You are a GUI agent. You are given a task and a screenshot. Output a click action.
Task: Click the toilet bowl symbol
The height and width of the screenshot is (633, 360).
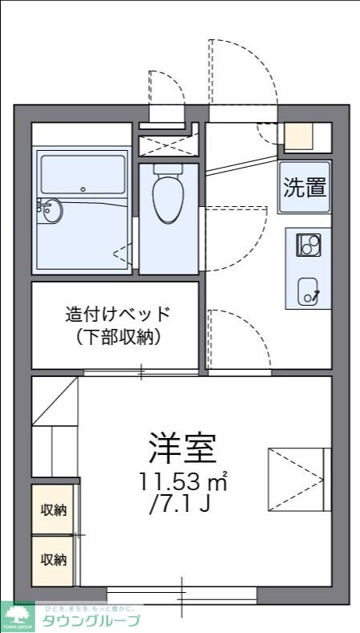(x=167, y=195)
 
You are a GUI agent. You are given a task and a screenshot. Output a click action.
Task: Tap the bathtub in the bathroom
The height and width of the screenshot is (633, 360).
(x=83, y=174)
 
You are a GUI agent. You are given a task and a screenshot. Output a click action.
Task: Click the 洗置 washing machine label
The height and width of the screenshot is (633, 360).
(x=305, y=188)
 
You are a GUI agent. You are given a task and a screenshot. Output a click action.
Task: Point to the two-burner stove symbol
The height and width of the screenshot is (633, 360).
(x=309, y=244)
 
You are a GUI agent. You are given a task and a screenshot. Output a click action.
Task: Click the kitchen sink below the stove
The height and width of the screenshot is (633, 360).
(x=309, y=290)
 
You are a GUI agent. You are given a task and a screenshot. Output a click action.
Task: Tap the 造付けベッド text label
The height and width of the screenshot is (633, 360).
(x=118, y=314)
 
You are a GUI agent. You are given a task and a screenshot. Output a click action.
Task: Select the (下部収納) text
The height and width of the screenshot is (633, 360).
(x=118, y=337)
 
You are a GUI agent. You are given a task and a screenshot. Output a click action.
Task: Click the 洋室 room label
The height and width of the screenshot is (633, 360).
(x=183, y=448)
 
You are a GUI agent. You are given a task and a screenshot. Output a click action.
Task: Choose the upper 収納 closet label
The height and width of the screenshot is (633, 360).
(x=54, y=509)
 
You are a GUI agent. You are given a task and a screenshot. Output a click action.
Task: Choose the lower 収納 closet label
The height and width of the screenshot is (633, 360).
(x=54, y=559)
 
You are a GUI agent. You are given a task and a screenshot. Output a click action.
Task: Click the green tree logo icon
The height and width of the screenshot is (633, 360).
(x=17, y=615)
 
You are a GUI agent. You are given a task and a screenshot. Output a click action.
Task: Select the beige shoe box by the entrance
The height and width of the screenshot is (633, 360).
(x=299, y=137)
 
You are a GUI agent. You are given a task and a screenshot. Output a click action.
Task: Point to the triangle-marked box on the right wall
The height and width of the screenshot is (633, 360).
(x=295, y=479)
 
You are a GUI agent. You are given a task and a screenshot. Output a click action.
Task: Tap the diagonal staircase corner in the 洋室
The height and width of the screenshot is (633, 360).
(x=55, y=400)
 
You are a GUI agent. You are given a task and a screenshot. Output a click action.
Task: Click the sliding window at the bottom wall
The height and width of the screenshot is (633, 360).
(x=182, y=594)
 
